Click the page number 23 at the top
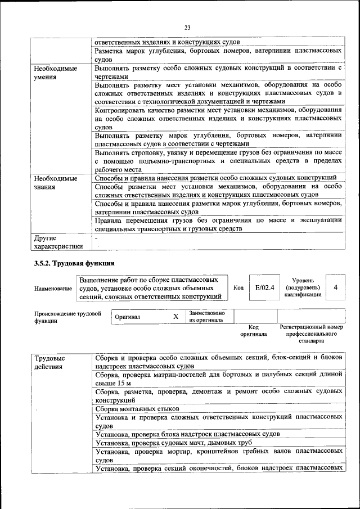187,27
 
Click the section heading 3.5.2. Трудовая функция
74,263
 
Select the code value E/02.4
264,287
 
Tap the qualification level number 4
335,287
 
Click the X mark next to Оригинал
175,317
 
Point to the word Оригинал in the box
128,317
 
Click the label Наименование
53,289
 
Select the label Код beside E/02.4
238,288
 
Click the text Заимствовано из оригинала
207,317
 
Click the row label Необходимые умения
56,72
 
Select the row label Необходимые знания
56,182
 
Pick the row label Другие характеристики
58,242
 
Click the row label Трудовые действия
49,362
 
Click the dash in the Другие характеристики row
96,238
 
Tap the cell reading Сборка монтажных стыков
137,408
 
